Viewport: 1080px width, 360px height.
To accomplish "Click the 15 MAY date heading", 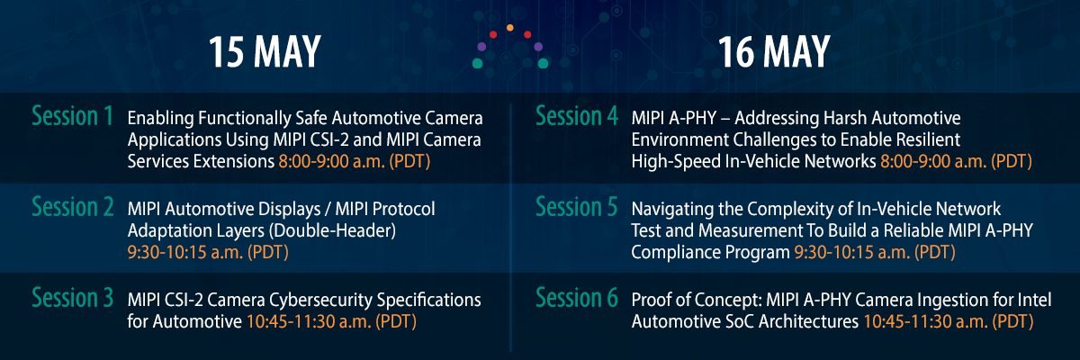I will tap(265, 53).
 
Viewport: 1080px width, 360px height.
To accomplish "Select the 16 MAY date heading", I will tap(774, 53).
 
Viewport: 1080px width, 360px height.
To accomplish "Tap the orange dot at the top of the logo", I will tap(510, 28).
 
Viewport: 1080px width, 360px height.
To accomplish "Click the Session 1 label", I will tap(72, 117).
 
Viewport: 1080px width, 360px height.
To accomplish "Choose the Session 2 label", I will tap(72, 207).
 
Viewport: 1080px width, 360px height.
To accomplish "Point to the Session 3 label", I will tap(72, 297).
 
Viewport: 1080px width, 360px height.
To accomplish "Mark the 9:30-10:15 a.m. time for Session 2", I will tap(207, 252).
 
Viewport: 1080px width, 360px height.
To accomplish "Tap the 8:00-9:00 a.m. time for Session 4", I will tap(954, 162).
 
